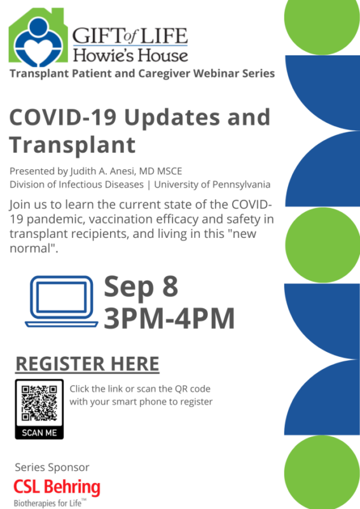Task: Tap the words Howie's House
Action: click(130, 55)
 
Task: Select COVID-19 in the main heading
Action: click(63, 117)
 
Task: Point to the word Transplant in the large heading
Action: click(73, 145)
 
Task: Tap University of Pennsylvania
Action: click(212, 185)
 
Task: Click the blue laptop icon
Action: click(62, 302)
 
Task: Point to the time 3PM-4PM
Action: click(169, 319)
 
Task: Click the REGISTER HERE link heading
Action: click(87, 364)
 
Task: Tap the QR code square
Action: click(39, 403)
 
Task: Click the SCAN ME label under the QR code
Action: click(39, 433)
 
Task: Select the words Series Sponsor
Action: click(52, 468)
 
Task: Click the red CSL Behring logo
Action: click(57, 487)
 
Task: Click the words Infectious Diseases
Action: click(101, 185)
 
